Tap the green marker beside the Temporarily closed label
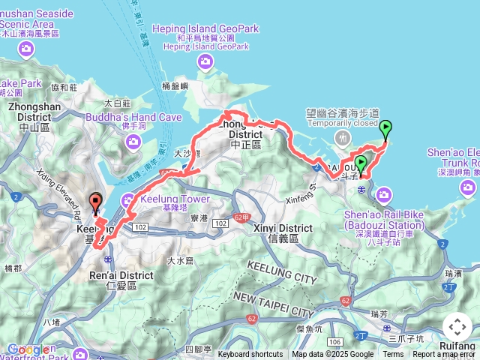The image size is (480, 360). [385, 129]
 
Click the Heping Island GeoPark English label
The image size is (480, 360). [205, 28]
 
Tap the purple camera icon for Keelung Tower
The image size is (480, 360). [127, 199]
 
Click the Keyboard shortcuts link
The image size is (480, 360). [250, 355]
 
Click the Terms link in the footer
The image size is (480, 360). [393, 355]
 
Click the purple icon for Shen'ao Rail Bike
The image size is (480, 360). [385, 196]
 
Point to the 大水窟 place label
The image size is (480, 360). [181, 260]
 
